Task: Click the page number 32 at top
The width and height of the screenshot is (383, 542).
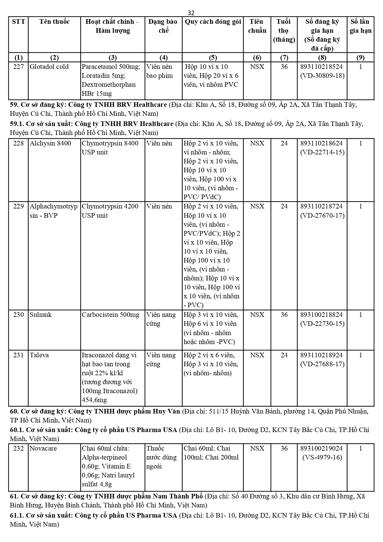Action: pyautogui.click(x=191, y=13)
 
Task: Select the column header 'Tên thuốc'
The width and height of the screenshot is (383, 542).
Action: pyautogui.click(x=54, y=22)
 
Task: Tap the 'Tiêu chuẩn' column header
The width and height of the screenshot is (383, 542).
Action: pyautogui.click(x=257, y=26)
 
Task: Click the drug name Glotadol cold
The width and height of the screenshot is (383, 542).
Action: pyautogui.click(x=49, y=67)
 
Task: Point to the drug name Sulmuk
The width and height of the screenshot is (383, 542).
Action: pyautogui.click(x=41, y=315)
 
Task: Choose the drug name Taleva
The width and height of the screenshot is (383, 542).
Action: pyautogui.click(x=39, y=355)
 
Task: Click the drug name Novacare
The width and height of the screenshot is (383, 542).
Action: pyautogui.click(x=43, y=448)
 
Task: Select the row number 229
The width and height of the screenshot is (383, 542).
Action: pyautogui.click(x=19, y=206)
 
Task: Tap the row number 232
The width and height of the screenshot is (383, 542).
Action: pyautogui.click(x=19, y=448)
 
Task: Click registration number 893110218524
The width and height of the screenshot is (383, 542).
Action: pyautogui.click(x=322, y=67)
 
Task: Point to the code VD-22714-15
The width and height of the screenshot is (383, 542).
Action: pyautogui.click(x=322, y=152)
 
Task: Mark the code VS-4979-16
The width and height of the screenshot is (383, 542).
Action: pyautogui.click(x=322, y=457)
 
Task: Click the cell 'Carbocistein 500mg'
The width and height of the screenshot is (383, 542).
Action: pyautogui.click(x=110, y=315)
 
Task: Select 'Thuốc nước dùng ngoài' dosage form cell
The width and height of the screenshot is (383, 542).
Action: pyautogui.click(x=161, y=457)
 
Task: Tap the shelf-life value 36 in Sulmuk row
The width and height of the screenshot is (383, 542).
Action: pyautogui.click(x=284, y=315)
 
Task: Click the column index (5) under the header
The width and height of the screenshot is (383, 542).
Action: pyautogui.click(x=213, y=57)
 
